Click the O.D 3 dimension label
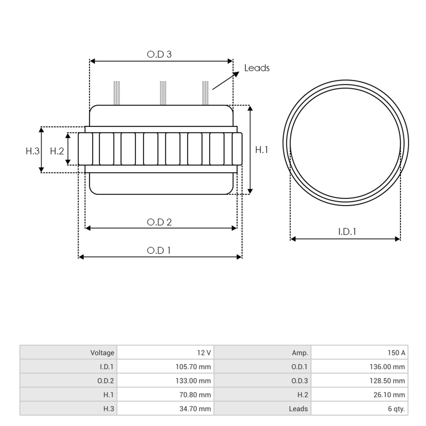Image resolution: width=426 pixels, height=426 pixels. [x=159, y=54]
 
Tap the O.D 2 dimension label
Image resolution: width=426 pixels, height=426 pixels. [x=159, y=222]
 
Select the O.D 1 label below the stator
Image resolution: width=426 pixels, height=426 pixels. [x=158, y=251]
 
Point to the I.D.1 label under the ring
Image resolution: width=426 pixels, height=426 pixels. [x=347, y=232]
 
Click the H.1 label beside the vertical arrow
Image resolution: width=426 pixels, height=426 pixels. [x=262, y=150]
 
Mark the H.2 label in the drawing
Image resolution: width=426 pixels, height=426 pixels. [x=57, y=151]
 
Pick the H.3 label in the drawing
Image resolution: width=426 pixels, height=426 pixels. [x=33, y=151]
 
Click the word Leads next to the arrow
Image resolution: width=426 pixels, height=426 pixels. [x=257, y=68]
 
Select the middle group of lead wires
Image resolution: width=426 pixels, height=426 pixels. [x=163, y=93]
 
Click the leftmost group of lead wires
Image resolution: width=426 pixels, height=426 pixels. [x=117, y=93]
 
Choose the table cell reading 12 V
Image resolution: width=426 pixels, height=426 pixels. [x=204, y=353]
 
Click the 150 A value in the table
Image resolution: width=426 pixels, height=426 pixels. [x=396, y=353]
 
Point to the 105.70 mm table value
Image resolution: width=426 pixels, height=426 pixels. [x=193, y=367]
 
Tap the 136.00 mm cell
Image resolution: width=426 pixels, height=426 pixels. [x=387, y=367]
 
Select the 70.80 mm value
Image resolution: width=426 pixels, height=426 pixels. [x=195, y=395]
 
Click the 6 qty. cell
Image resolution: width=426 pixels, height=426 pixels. [x=397, y=409]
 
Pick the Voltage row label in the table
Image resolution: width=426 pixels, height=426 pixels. [x=102, y=353]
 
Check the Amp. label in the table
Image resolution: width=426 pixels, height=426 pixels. [x=300, y=353]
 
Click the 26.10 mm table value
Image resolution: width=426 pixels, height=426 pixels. [x=389, y=395]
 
